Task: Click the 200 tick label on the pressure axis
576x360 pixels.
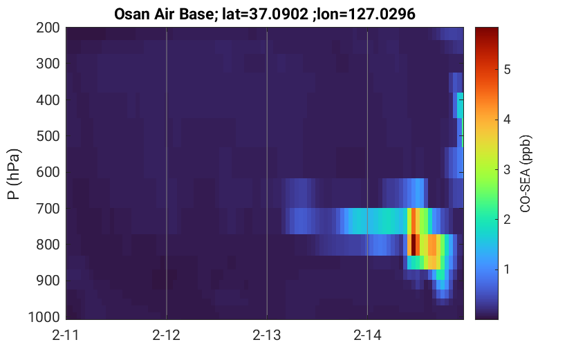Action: pos(48,28)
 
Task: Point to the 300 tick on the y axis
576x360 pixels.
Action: pos(48,64)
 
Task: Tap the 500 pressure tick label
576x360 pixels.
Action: pos(48,136)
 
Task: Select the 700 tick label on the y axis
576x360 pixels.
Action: pos(48,209)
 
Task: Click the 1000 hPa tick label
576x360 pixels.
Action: pos(44,317)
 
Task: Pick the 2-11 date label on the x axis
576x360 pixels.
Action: pos(66,335)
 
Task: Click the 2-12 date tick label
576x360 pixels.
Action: pos(167,335)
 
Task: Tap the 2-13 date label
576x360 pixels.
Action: pos(267,335)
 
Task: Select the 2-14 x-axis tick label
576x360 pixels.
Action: pos(367,335)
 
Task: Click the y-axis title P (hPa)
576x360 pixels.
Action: pos(14,174)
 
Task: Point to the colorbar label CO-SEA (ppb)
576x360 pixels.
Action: pos(526,174)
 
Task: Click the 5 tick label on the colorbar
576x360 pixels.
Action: pos(508,69)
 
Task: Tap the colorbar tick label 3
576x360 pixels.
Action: pos(508,169)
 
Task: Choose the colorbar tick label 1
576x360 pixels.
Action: pos(507,269)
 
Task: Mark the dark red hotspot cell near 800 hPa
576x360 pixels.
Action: pos(414,245)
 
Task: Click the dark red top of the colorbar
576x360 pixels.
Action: pos(487,31)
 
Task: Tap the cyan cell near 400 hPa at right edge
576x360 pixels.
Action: pos(460,105)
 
